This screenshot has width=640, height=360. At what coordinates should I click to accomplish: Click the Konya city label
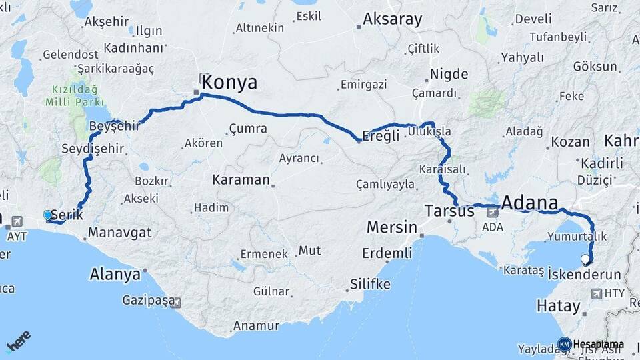(x=229, y=83)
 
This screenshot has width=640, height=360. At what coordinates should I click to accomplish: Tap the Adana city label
(x=529, y=202)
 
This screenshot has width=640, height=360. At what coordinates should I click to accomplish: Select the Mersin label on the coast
(x=391, y=227)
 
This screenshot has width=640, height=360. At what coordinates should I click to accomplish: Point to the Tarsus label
(x=449, y=211)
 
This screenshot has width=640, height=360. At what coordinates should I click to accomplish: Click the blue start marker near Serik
(x=47, y=215)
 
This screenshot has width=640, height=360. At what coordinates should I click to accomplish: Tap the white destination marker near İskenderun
(x=585, y=259)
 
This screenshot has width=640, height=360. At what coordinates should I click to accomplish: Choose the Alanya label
(x=115, y=274)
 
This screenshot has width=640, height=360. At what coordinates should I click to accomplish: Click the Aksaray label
(x=392, y=19)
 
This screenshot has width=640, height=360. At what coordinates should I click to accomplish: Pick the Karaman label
(x=241, y=180)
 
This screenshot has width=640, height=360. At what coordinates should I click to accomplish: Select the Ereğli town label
(x=380, y=136)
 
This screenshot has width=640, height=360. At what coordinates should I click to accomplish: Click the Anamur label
(x=255, y=326)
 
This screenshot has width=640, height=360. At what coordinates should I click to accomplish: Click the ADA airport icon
(x=493, y=213)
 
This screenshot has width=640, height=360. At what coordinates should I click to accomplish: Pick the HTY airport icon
(x=594, y=293)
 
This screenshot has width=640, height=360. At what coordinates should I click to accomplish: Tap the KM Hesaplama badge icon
(x=564, y=344)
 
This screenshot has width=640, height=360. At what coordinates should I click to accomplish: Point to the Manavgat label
(x=119, y=233)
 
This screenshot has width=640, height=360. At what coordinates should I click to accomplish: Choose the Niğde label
(x=449, y=74)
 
